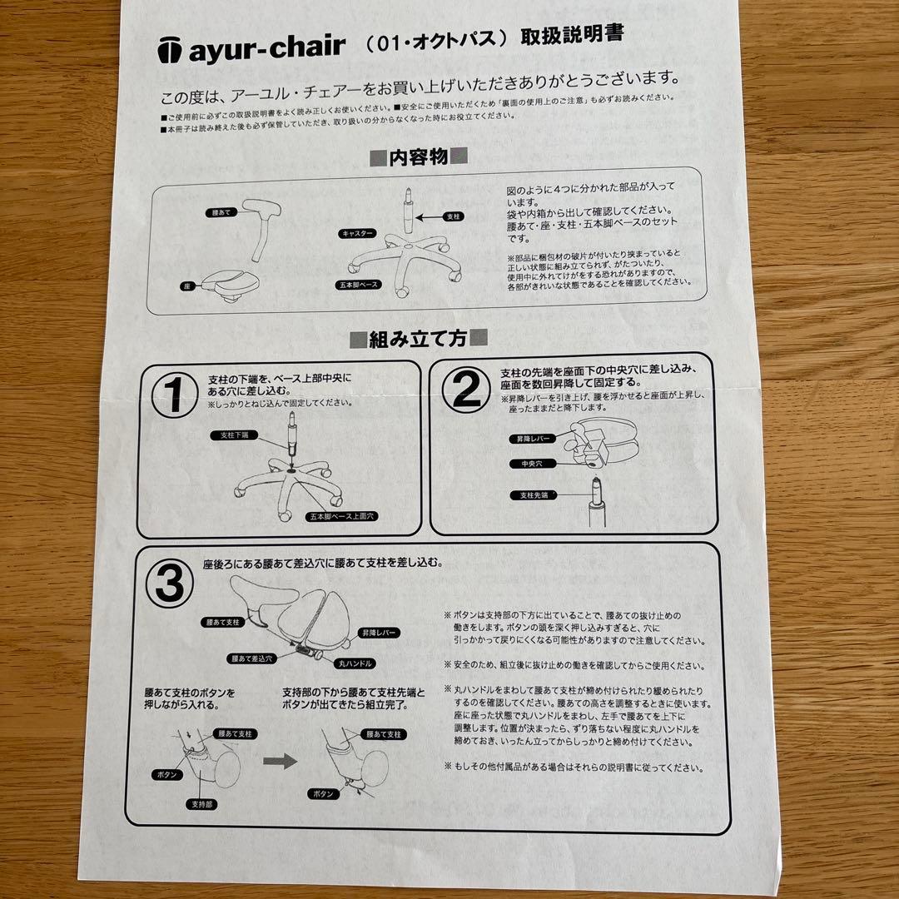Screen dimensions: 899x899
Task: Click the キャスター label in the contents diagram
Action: pos(356,235)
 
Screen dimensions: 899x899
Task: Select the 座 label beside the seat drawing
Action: pos(190,286)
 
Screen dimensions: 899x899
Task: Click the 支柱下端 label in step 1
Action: pos(236,435)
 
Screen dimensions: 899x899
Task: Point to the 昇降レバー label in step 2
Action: pos(532,438)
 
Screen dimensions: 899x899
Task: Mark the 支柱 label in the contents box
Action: pos(452,216)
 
